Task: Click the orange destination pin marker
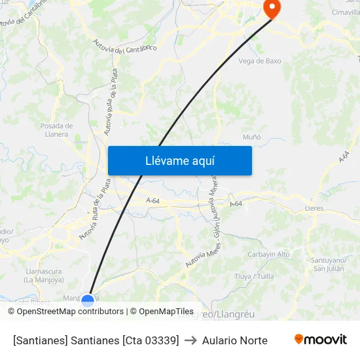coord(271,8)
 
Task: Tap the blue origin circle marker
coord(88,300)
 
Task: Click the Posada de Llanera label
coord(56,130)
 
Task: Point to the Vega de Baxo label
coord(260,61)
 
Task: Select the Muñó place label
coord(252,137)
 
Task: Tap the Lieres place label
coord(314,208)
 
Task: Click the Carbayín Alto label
coord(268,254)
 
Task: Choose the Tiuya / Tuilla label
coord(254,276)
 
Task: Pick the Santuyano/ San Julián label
coord(328,264)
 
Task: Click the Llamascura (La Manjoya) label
coord(43,275)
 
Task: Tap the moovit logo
coord(320,340)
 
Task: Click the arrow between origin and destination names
coord(190,340)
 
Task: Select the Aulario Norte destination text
coord(234,340)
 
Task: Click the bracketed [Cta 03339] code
coord(151,340)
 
